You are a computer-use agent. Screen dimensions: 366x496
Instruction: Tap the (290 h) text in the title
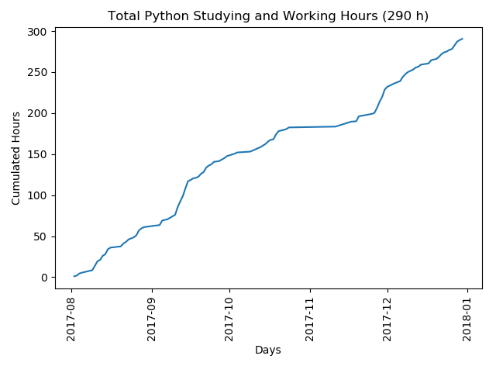[x=405, y=16]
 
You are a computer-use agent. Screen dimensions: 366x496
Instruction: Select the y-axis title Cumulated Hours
[x=16, y=159]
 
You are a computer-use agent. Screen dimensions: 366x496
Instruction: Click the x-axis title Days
[x=268, y=350]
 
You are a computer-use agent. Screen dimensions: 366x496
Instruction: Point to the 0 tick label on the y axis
[x=43, y=278]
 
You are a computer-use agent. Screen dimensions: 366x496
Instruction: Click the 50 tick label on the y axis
[x=40, y=237]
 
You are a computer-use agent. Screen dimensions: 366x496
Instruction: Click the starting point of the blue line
[x=74, y=276]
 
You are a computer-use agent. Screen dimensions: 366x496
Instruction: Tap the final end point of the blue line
[x=463, y=39]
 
